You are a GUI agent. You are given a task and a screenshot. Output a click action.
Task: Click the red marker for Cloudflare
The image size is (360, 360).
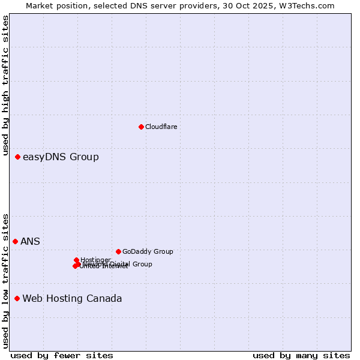[x=141, y=127]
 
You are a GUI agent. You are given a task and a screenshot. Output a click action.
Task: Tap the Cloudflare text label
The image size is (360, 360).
[x=161, y=127]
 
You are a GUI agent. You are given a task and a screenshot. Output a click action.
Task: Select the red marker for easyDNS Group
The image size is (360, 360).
[x=17, y=157]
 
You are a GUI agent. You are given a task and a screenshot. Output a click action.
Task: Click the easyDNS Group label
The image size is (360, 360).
[x=61, y=157]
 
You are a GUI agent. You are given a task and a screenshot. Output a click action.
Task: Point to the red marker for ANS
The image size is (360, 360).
[x=15, y=241]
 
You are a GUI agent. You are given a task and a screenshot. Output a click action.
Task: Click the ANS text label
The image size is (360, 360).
[x=30, y=242]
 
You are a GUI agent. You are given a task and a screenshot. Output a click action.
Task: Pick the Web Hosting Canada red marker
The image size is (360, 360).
[x=17, y=298]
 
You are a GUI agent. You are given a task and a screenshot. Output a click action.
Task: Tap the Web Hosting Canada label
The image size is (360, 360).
[x=72, y=299]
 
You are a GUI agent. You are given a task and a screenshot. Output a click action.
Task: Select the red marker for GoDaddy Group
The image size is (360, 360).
[x=118, y=251]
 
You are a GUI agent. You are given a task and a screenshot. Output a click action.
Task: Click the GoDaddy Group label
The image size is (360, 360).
[x=148, y=252]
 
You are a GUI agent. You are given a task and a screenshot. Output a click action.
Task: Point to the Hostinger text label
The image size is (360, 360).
[x=96, y=260]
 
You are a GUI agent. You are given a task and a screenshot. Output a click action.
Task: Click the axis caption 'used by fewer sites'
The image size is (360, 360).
[x=62, y=355]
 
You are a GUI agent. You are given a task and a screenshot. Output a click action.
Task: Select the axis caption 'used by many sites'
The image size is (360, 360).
[x=301, y=355]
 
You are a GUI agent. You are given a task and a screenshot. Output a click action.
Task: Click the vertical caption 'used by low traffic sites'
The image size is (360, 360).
[x=6, y=280]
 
